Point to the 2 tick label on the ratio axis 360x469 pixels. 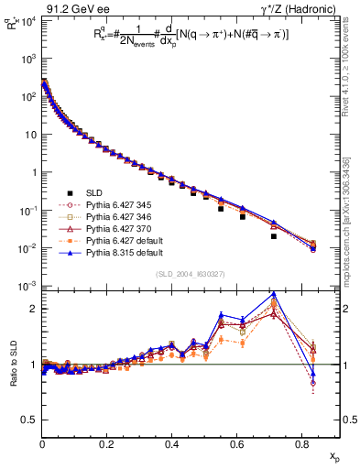point(33,309)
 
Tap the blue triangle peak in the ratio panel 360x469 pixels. point(274,294)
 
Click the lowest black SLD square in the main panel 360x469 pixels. point(274,236)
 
